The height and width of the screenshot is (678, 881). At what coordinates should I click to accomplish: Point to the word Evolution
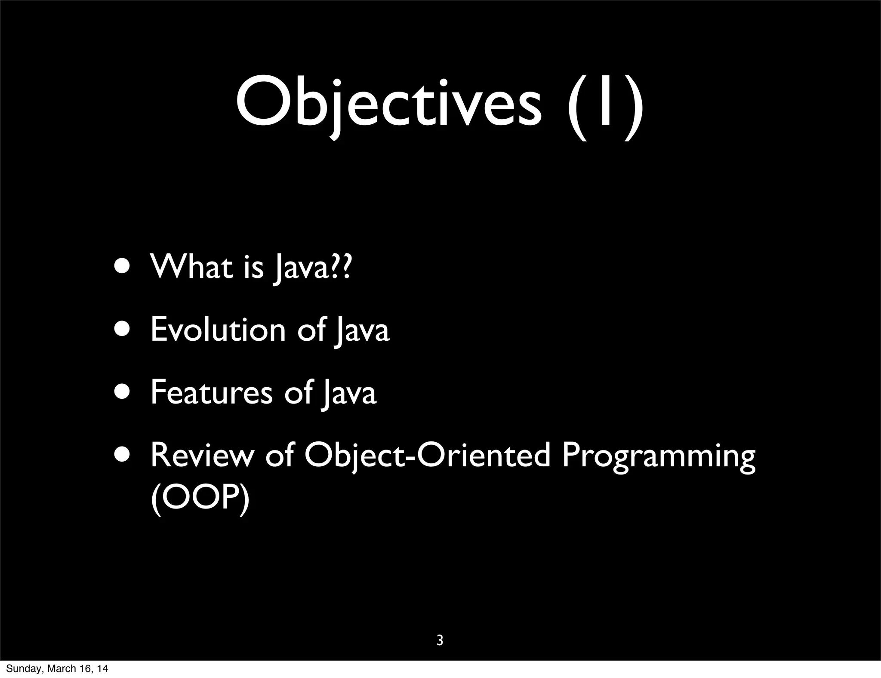(x=218, y=330)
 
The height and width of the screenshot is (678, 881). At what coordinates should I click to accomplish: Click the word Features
(x=211, y=392)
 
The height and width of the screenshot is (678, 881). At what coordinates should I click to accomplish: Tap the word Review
(x=202, y=455)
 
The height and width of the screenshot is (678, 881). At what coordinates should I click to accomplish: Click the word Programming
(x=658, y=457)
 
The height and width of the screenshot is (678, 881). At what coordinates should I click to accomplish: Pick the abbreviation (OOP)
(x=200, y=499)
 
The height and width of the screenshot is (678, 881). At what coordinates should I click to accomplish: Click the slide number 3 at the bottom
(x=440, y=641)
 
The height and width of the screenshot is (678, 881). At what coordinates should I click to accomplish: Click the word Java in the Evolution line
(x=363, y=330)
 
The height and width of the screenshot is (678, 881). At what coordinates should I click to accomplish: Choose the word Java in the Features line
(x=350, y=393)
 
